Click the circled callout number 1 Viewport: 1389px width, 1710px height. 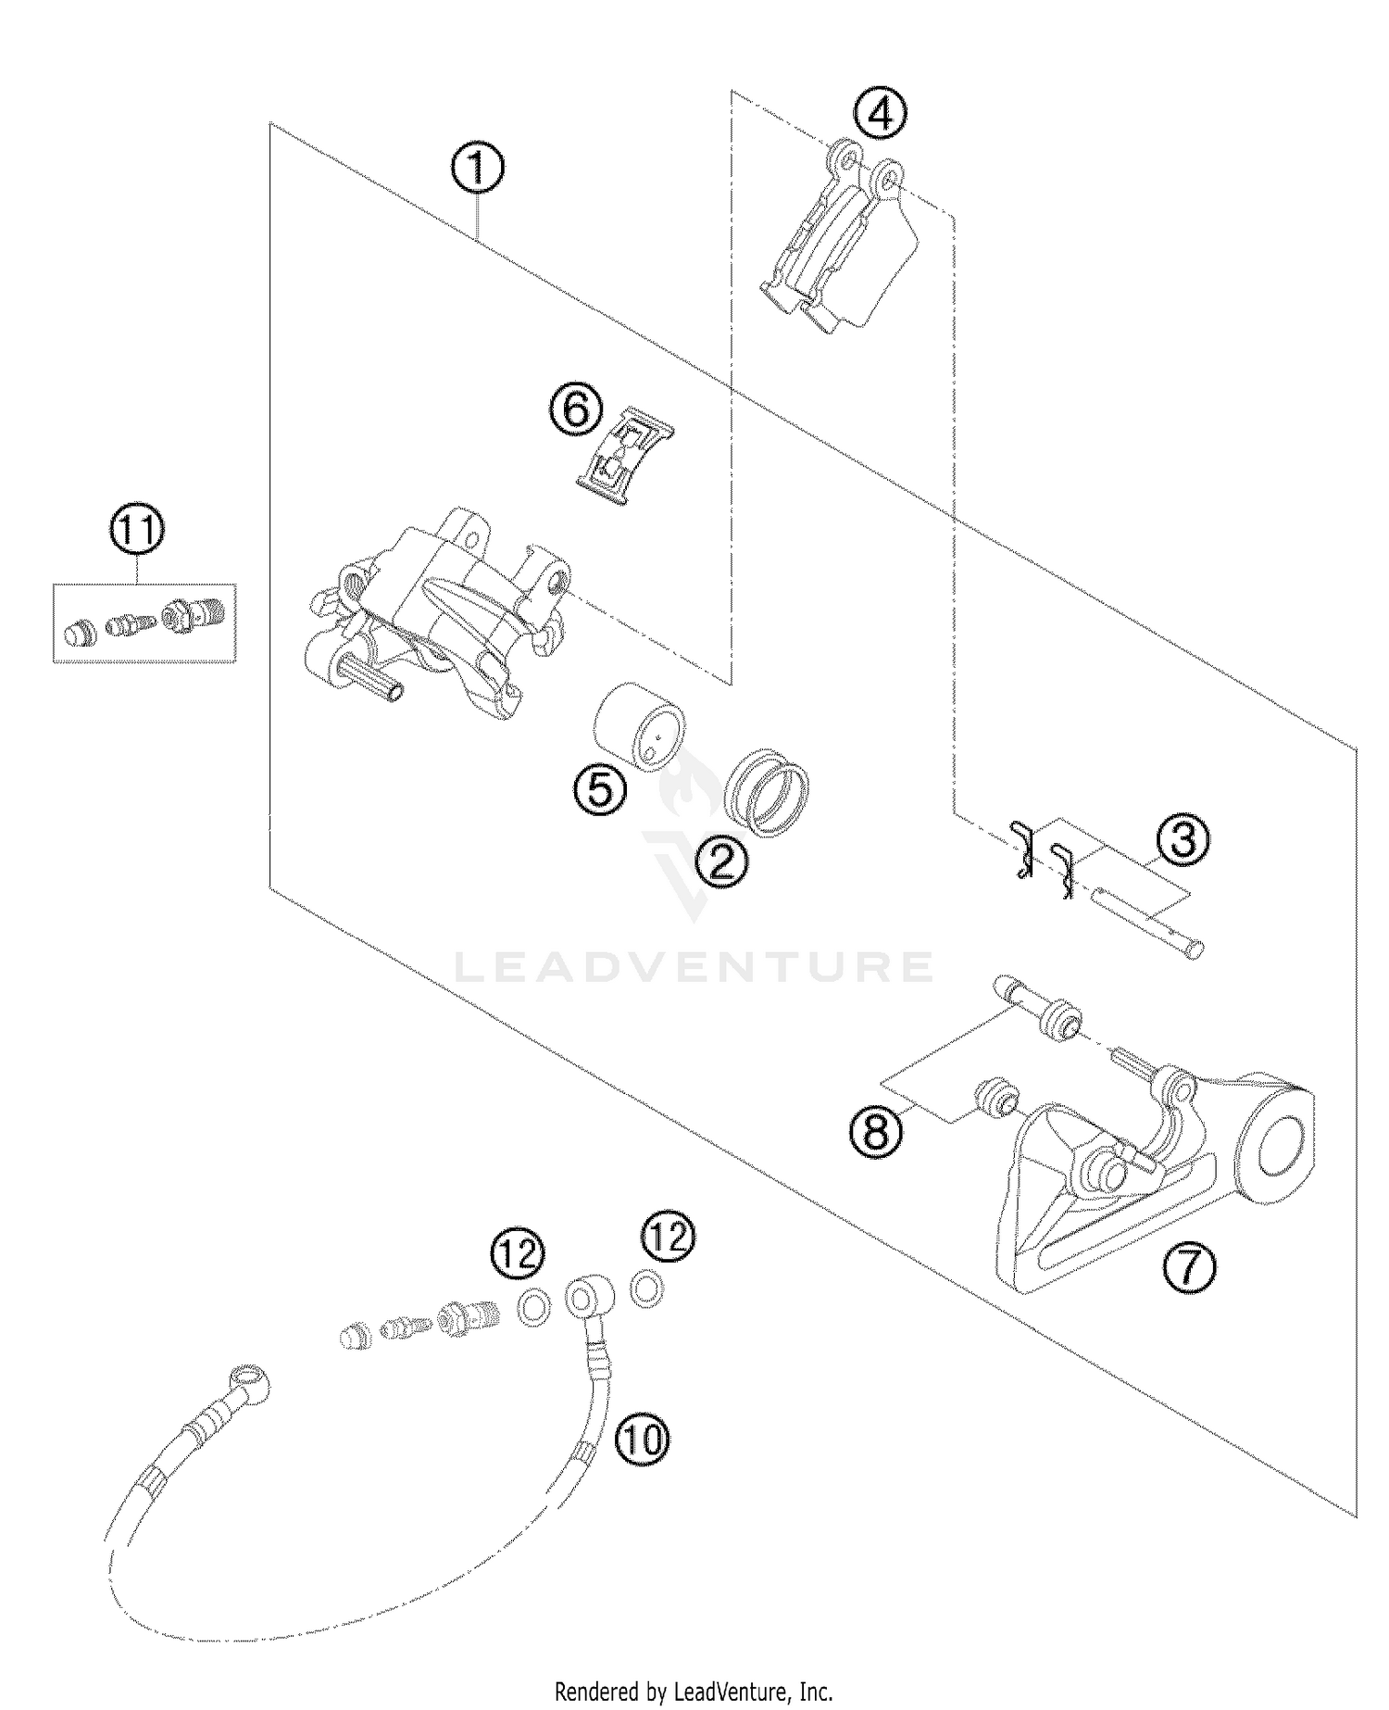coord(477,170)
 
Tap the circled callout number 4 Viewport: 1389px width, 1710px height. coord(880,115)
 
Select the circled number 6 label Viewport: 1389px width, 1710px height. coord(576,409)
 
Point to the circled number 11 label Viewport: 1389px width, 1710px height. coord(137,532)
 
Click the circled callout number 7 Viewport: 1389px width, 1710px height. coord(1189,1267)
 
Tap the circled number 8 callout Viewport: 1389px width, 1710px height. coord(876,1131)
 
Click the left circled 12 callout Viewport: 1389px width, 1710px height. coord(519,1254)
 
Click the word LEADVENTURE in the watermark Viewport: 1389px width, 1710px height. coord(694,966)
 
